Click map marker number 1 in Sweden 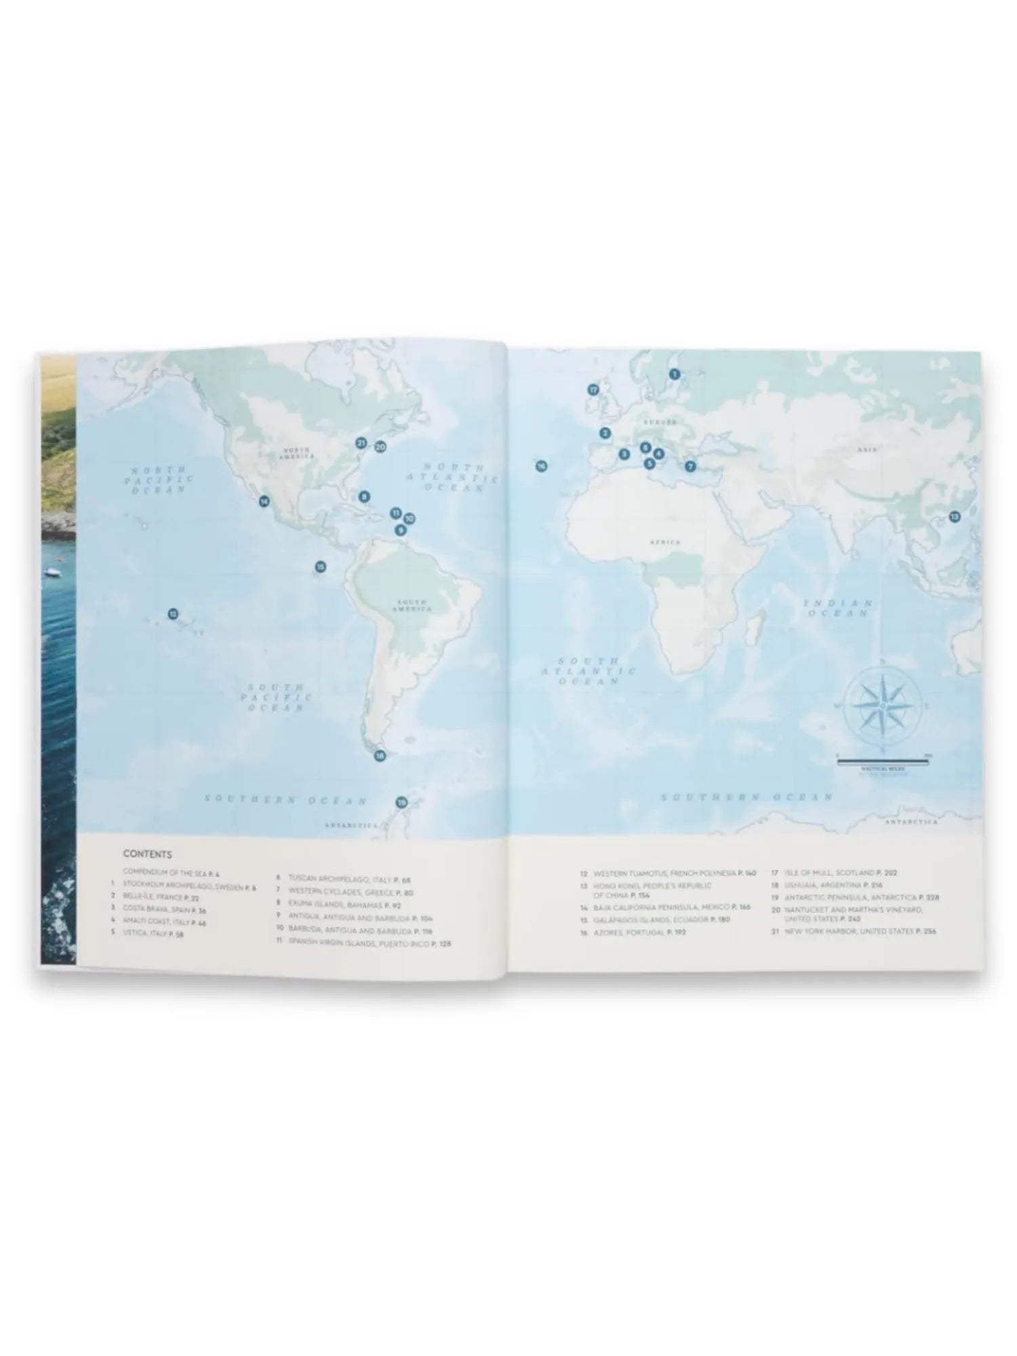pos(674,374)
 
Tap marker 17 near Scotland pos(594,390)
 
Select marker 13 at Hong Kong pos(955,517)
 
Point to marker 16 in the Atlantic pos(541,466)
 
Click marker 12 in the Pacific pos(173,614)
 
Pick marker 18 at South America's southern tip pos(380,756)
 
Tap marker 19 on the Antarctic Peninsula pos(401,803)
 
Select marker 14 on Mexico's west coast pos(264,502)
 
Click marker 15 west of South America pos(320,566)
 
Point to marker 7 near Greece pos(690,466)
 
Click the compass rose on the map pos(882,707)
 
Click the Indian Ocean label pos(838,607)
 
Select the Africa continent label pos(664,542)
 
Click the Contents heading pos(147,854)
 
